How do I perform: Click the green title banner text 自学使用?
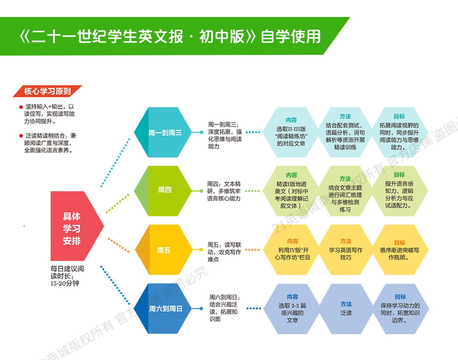[290, 37]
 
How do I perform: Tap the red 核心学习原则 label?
[47, 91]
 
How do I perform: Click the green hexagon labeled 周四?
[164, 190]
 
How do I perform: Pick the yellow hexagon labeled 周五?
[163, 250]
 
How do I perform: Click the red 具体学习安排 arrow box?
[75, 228]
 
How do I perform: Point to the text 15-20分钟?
[64, 283]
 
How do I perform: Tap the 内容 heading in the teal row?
[291, 120]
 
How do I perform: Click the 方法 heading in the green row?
[345, 179]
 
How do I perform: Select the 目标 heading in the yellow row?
[399, 242]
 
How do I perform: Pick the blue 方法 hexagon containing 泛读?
[346, 309]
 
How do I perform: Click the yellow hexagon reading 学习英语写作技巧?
[346, 250]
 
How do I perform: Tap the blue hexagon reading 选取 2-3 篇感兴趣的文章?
[292, 309]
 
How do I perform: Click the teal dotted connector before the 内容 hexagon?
[253, 132]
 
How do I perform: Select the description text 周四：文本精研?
[224, 184]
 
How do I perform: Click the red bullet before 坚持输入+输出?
[21, 107]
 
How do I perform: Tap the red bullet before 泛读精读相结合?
[21, 136]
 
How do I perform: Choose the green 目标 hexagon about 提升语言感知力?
[399, 191]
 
